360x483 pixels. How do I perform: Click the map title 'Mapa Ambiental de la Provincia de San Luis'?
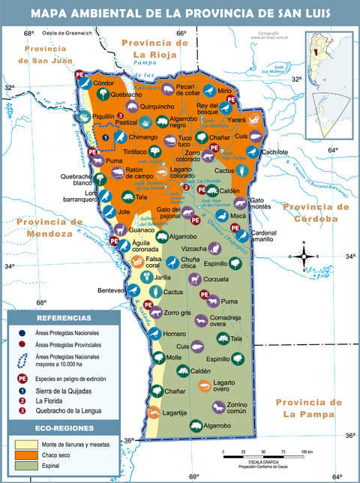pos(180,13)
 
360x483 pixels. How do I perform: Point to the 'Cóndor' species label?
pos(103,83)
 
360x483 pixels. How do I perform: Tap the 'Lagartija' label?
pos(175,412)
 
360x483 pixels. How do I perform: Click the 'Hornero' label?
pos(175,333)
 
